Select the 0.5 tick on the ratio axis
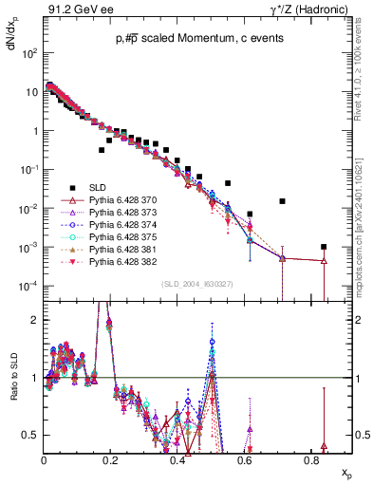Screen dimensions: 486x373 coord(33,435)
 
